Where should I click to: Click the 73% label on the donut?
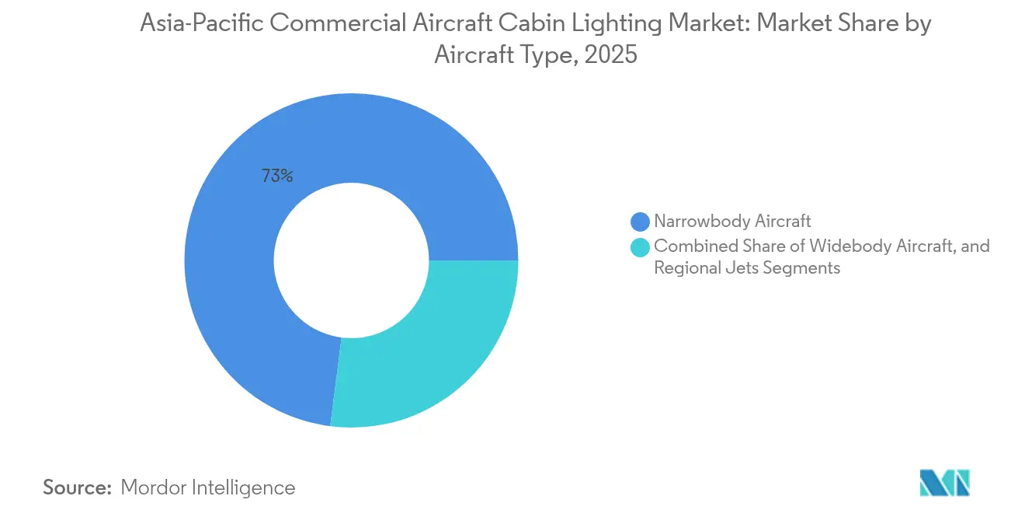tap(277, 176)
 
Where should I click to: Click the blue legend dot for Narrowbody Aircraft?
tap(640, 222)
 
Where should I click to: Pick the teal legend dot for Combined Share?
tap(640, 247)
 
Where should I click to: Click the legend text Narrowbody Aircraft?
tap(732, 222)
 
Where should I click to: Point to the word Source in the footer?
tap(78, 487)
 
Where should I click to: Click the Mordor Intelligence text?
tap(208, 487)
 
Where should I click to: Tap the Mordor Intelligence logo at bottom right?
tap(944, 484)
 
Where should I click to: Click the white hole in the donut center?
tap(351, 260)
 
